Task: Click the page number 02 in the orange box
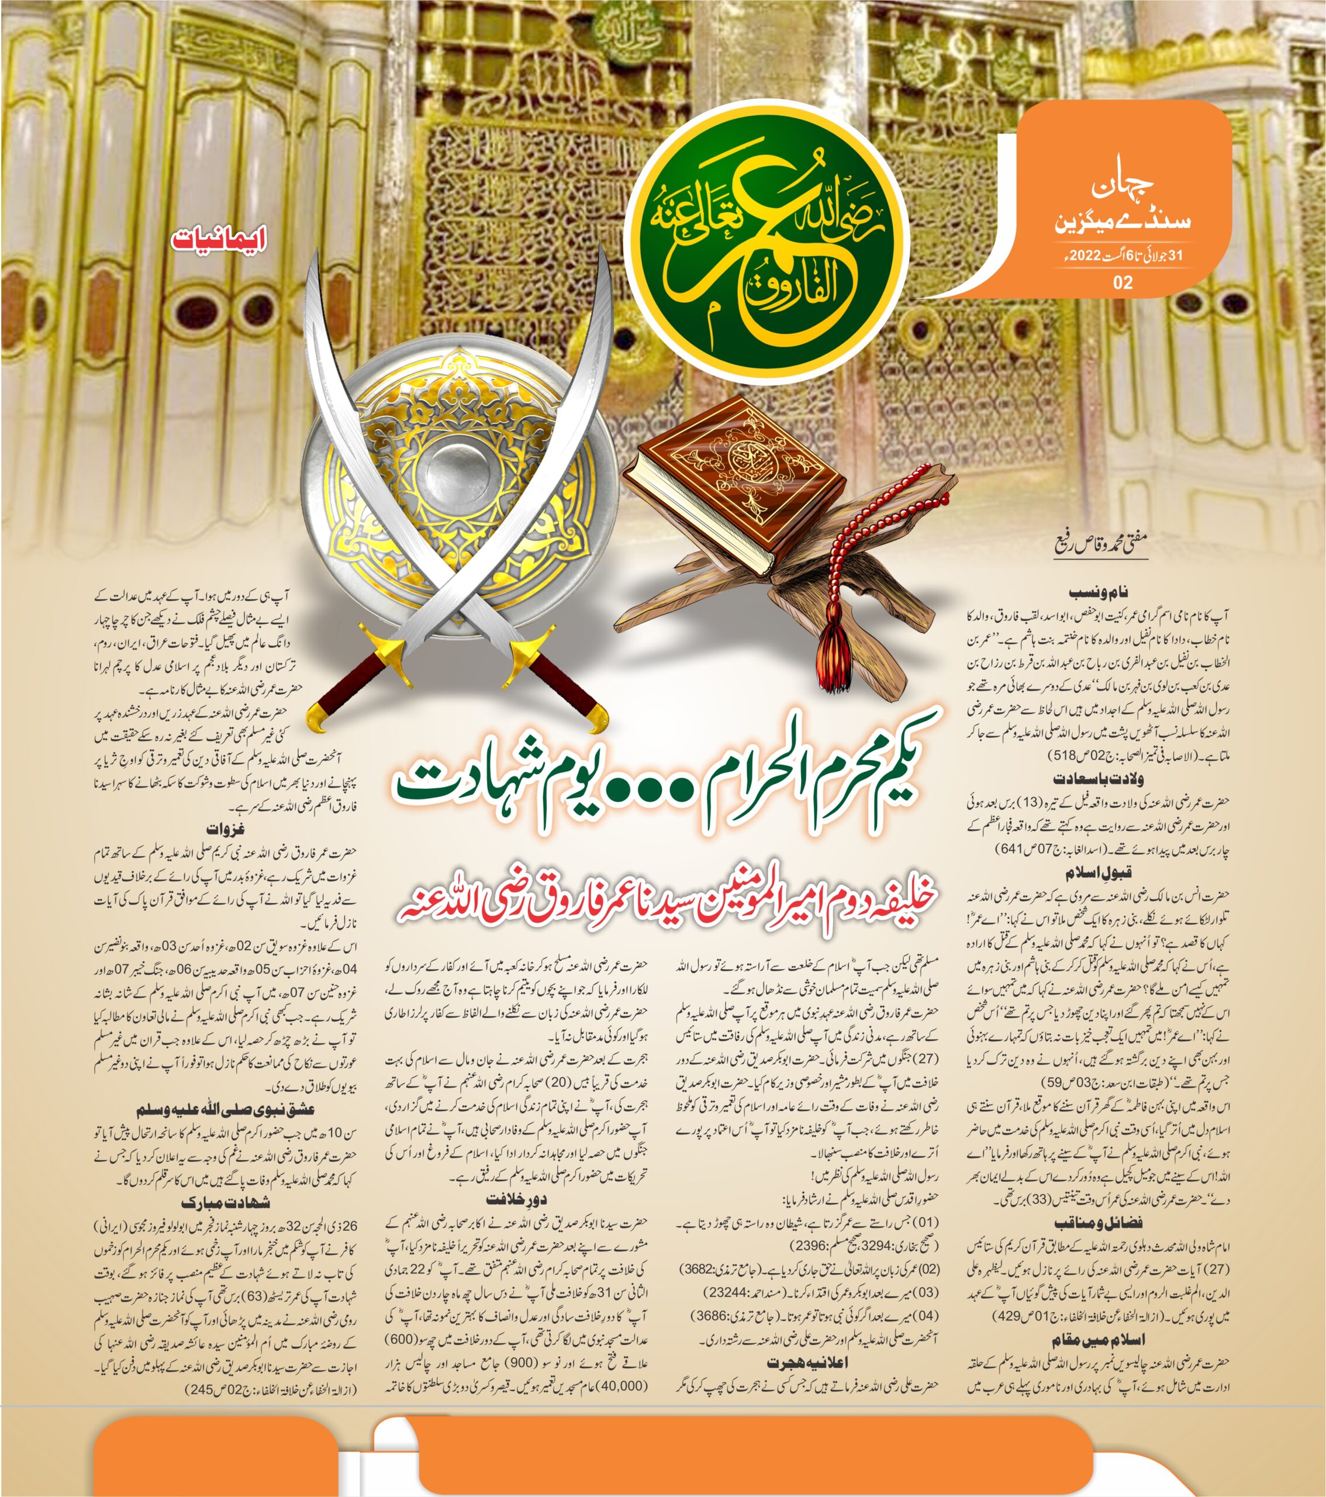click(x=1123, y=282)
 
